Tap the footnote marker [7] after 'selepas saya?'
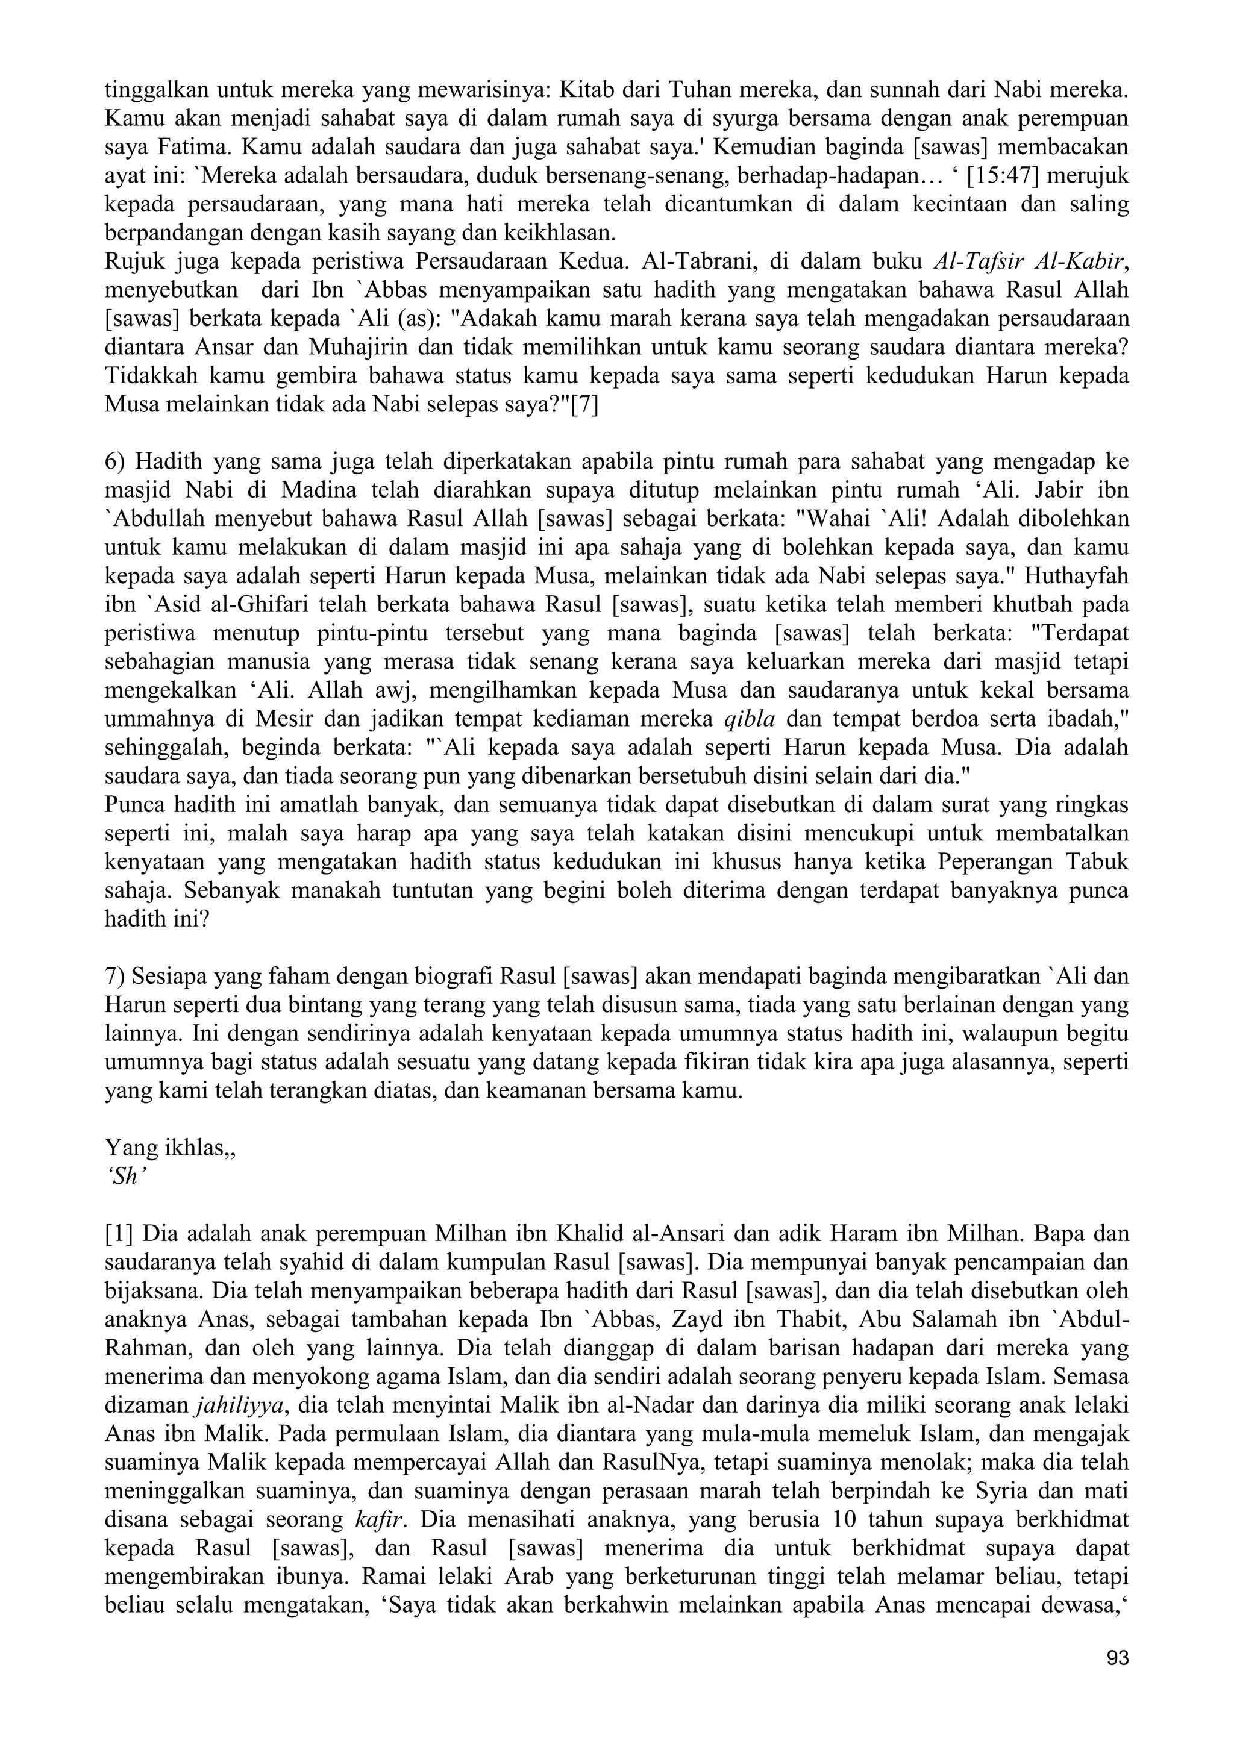coord(585,405)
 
